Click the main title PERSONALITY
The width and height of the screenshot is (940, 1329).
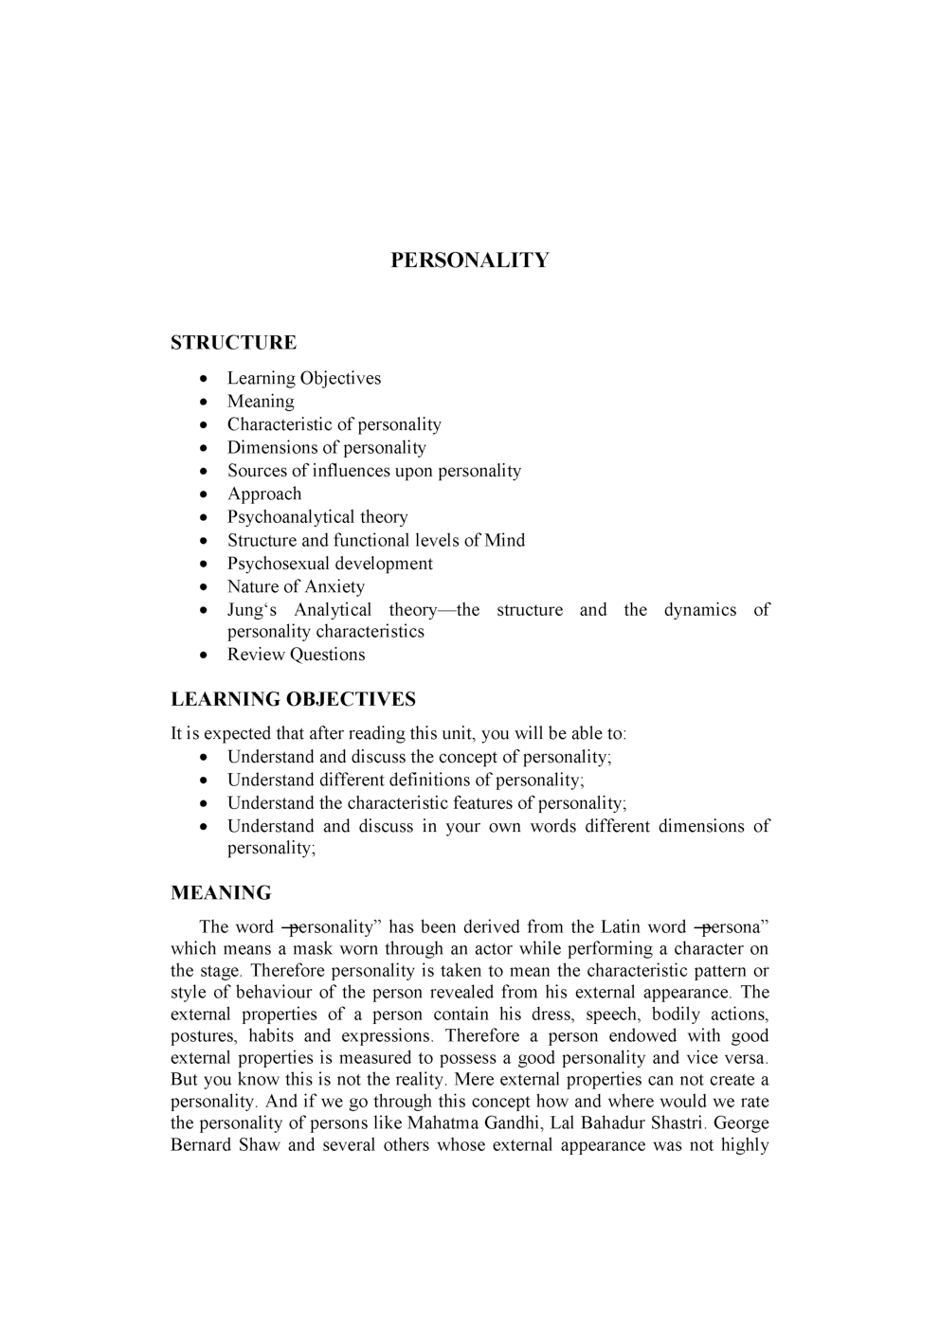pyautogui.click(x=469, y=260)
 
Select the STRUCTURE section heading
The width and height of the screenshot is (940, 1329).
pyautogui.click(x=233, y=343)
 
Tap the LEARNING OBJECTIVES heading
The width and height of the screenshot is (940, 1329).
pyautogui.click(x=293, y=700)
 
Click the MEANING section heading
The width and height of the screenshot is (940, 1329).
pyautogui.click(x=221, y=893)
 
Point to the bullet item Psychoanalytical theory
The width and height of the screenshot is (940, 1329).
pyautogui.click(x=317, y=517)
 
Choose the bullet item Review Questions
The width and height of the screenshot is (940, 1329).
pyautogui.click(x=296, y=655)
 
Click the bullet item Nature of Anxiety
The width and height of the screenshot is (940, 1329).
pyautogui.click(x=296, y=586)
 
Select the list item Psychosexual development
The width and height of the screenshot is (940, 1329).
pyautogui.click(x=330, y=564)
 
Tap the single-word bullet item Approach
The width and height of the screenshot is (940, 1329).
pyautogui.click(x=264, y=494)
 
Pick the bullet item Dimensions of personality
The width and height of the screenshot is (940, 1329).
pyautogui.click(x=326, y=448)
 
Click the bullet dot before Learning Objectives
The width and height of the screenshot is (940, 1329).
pyautogui.click(x=205, y=379)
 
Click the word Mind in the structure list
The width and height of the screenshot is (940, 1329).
pyautogui.click(x=504, y=541)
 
